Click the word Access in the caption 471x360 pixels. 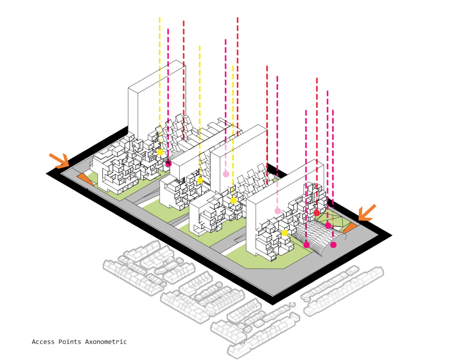click(43, 342)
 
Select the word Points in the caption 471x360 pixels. click(69, 342)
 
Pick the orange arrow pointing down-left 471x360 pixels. click(367, 213)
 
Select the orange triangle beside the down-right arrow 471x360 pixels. click(85, 179)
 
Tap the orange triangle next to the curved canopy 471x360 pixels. click(350, 227)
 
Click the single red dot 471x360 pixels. click(317, 212)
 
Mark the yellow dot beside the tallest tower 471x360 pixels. click(160, 152)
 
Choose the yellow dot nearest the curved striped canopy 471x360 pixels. click(285, 233)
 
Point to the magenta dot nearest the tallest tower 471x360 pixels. click(168, 163)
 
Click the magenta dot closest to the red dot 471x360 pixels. click(328, 226)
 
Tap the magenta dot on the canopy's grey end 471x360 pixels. click(333, 245)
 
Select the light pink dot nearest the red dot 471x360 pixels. click(278, 211)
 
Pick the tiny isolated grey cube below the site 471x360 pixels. click(292, 304)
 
